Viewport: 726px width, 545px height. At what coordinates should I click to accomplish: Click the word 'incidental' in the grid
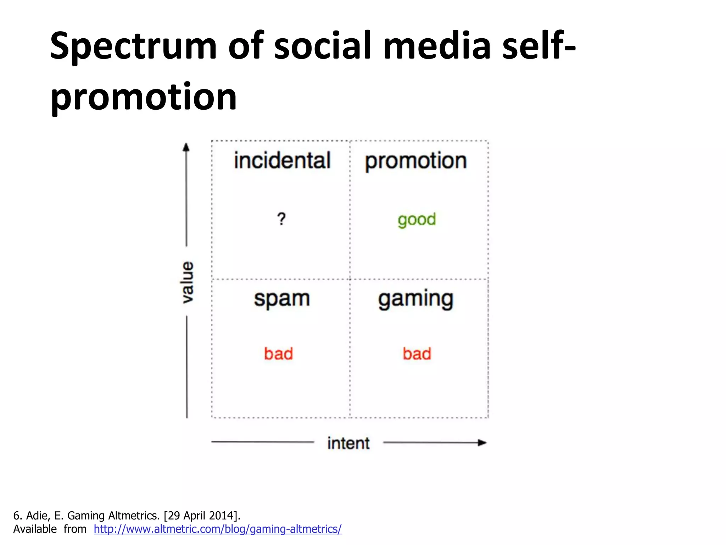point(282,160)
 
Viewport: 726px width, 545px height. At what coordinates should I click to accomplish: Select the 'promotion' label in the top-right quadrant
point(416,161)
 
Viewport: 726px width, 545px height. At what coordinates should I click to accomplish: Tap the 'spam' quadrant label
point(282,299)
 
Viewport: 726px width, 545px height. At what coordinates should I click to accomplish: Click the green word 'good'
point(417,220)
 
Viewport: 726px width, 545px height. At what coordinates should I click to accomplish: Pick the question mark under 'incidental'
point(281,219)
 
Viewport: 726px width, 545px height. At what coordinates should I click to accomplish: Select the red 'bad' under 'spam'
point(279,354)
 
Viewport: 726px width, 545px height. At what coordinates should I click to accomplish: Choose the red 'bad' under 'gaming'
point(417,354)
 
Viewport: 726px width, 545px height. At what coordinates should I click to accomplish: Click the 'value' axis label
point(188,282)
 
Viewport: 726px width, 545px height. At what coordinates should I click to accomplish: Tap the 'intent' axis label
point(348,443)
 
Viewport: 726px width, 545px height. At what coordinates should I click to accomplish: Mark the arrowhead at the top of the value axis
point(186,147)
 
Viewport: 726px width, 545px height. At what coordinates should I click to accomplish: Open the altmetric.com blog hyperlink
point(218,529)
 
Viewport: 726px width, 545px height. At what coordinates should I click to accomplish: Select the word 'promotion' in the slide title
point(144,97)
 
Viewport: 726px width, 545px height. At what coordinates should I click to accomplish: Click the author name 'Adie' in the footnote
point(38,516)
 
